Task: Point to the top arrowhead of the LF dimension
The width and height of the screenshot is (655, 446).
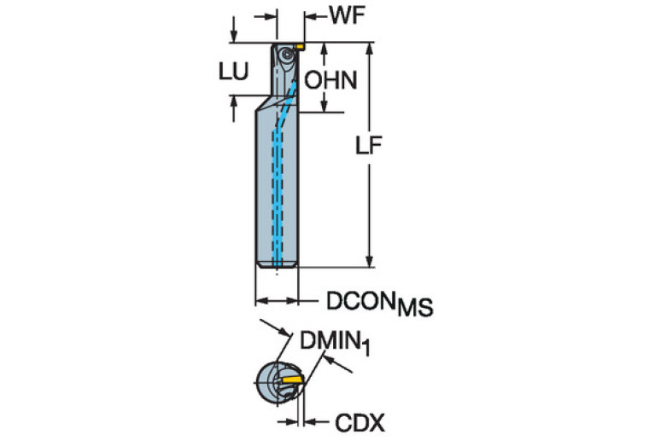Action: [x=369, y=48]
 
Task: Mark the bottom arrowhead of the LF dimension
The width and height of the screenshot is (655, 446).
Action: [x=369, y=262]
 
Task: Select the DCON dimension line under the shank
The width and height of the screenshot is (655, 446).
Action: [x=277, y=300]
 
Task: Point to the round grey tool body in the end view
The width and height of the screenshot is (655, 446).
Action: [x=272, y=385]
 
